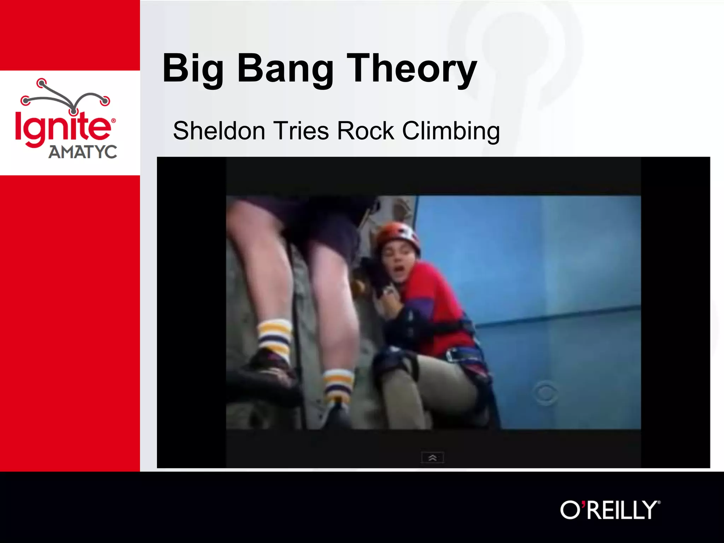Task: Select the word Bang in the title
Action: click(x=285, y=69)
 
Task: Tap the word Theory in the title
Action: click(x=411, y=69)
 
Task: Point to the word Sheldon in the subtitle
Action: click(x=219, y=131)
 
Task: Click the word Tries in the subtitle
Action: click(x=301, y=131)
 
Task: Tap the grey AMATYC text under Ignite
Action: click(x=83, y=152)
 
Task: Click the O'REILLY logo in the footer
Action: click(x=610, y=510)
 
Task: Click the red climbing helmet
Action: click(x=398, y=235)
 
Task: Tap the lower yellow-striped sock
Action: click(x=338, y=385)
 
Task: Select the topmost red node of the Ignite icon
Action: click(x=42, y=83)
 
